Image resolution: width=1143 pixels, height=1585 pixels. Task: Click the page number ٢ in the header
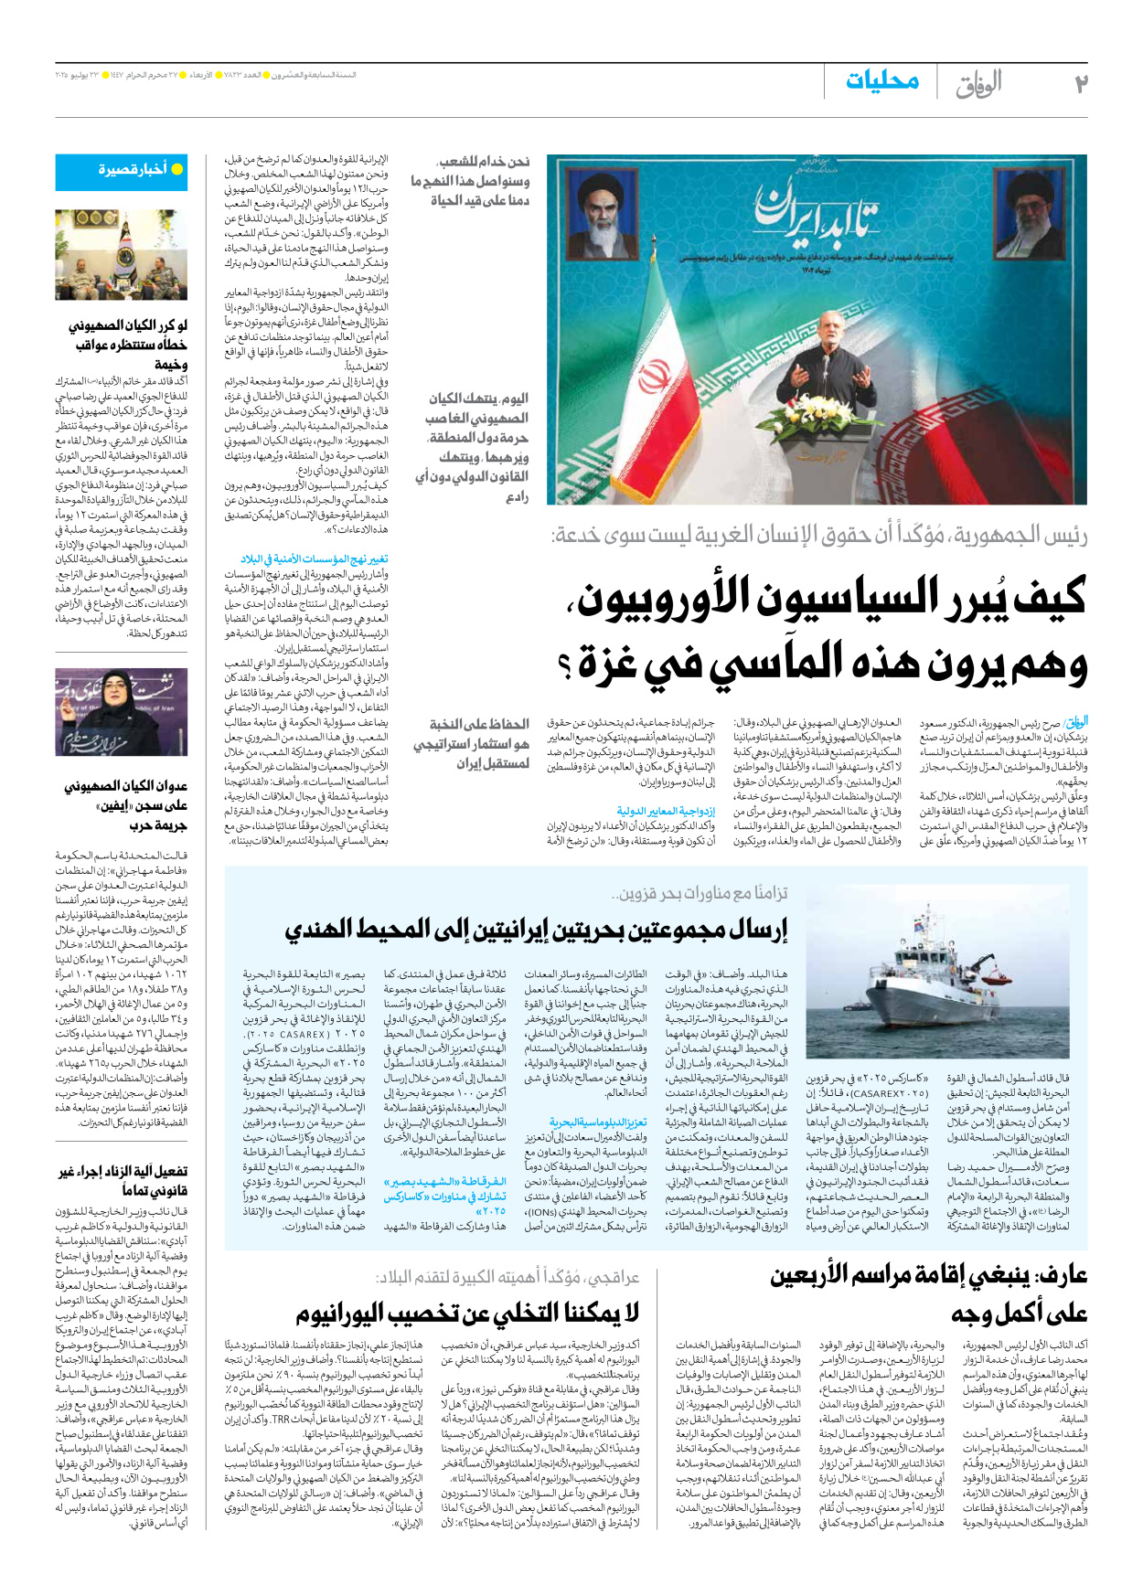tap(1081, 83)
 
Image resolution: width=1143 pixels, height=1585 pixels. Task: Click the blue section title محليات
tap(881, 81)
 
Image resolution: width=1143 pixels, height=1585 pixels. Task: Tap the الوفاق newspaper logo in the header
tap(978, 84)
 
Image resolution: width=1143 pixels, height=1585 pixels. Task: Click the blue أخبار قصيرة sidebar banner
tap(134, 171)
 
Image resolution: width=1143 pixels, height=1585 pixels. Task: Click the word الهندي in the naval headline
tap(334, 930)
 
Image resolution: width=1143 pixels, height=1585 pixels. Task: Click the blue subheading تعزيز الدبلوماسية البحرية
tap(598, 1122)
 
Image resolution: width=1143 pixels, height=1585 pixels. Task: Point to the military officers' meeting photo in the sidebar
tap(134, 255)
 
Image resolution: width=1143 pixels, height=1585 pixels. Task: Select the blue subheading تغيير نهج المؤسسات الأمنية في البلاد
tap(315, 558)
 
